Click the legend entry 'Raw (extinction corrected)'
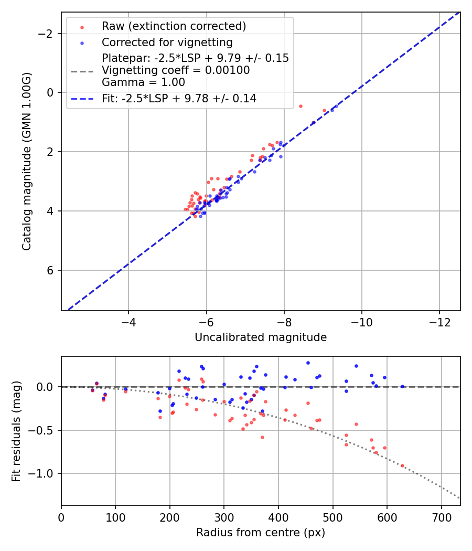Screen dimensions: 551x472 click(174, 26)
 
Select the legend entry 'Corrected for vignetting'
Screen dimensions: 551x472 click(167, 42)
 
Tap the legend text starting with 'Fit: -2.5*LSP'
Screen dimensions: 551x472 click(179, 98)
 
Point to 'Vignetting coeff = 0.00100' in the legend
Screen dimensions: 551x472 click(176, 70)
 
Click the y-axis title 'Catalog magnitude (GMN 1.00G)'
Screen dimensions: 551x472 click(26, 161)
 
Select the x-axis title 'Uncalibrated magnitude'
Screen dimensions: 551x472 click(261, 337)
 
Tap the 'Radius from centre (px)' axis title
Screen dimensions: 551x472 click(261, 533)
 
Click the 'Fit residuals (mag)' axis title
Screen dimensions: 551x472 click(16, 431)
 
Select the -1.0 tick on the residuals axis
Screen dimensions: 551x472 click(44, 473)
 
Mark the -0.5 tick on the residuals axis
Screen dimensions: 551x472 click(44, 430)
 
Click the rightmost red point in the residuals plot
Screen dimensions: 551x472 click(402, 465)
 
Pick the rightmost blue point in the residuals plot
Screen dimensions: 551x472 click(402, 386)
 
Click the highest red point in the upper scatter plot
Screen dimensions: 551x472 click(301, 106)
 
